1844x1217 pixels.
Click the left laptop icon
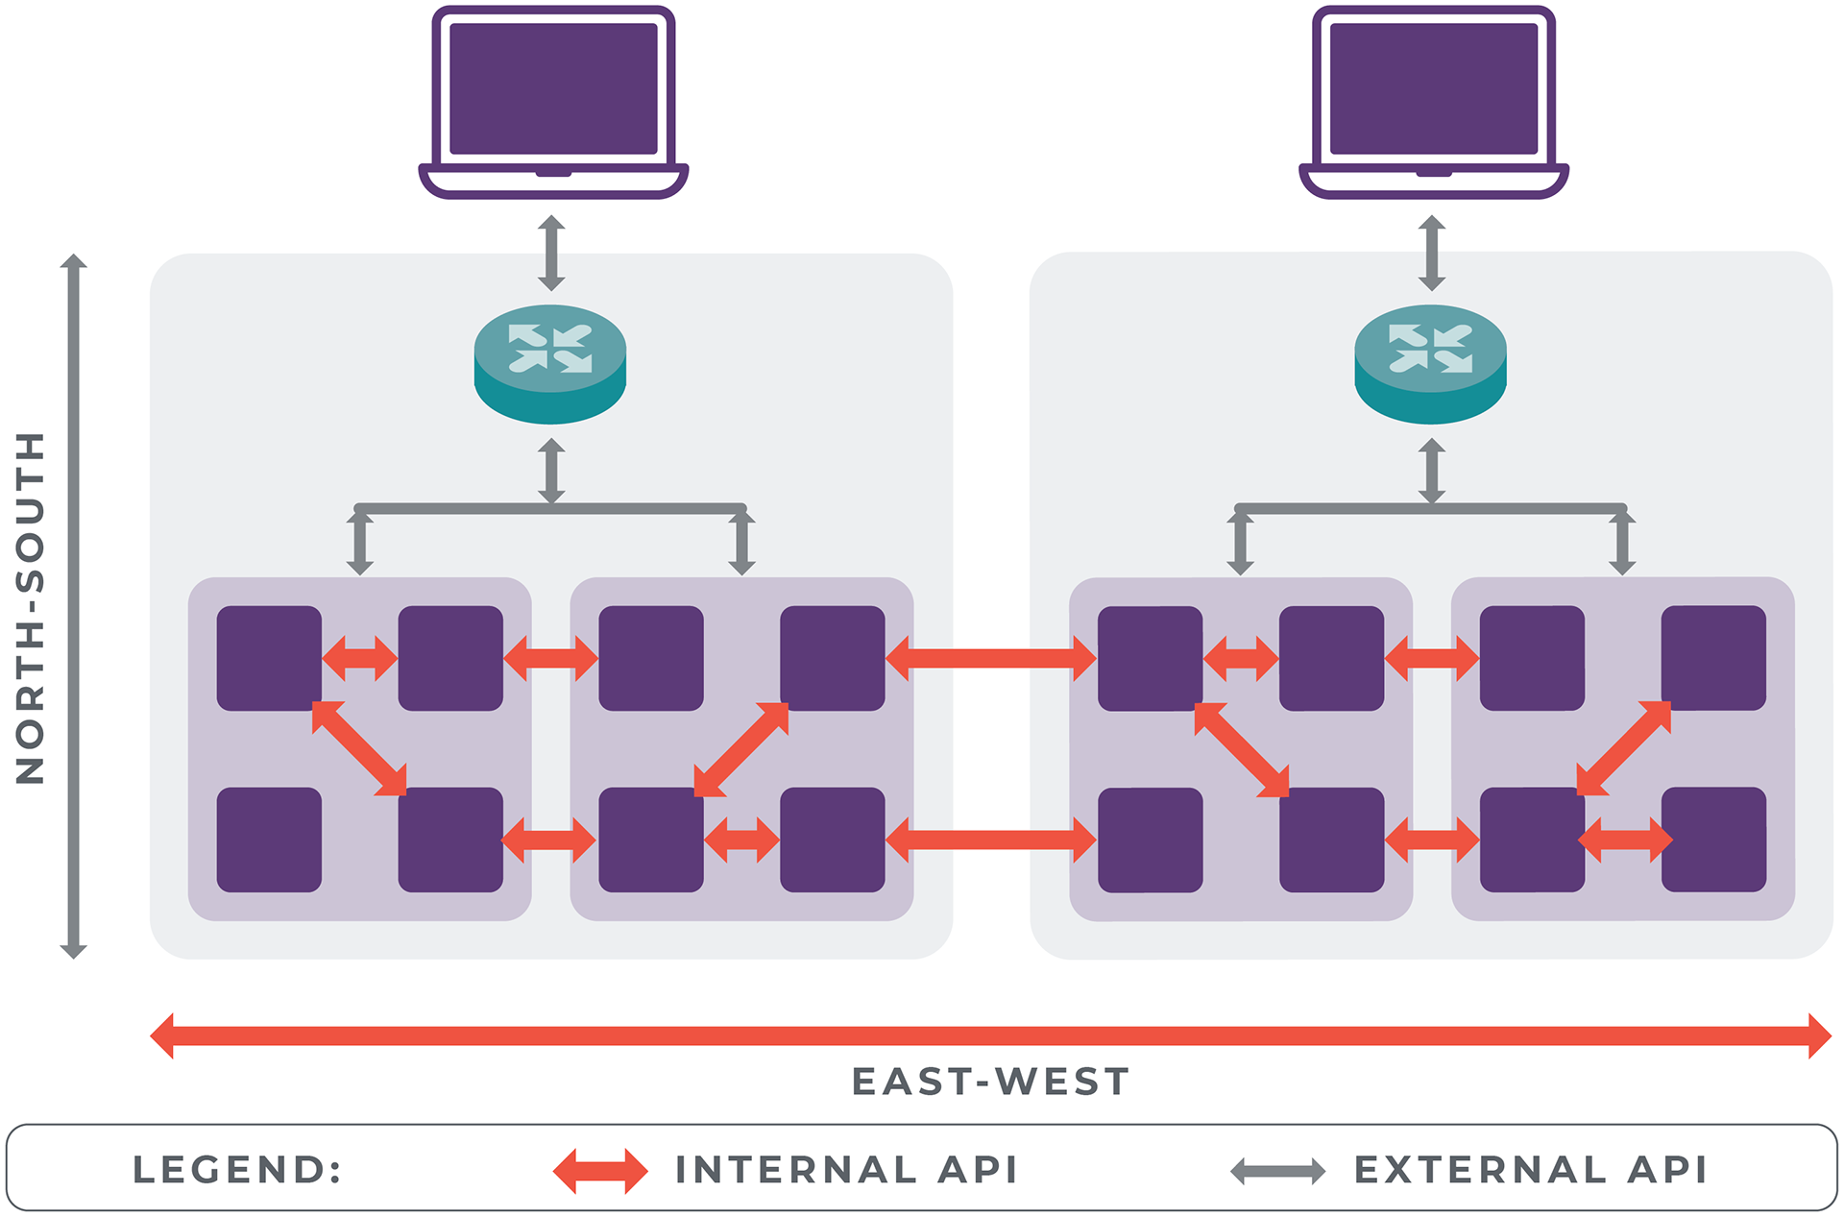pyautogui.click(x=553, y=101)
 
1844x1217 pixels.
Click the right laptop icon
pyautogui.click(x=1433, y=101)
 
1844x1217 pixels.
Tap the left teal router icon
pyautogui.click(x=550, y=364)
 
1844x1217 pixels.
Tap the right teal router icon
pyautogui.click(x=1430, y=364)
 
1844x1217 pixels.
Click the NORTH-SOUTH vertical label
pyautogui.click(x=31, y=607)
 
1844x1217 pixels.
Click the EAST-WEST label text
pyautogui.click(x=990, y=1082)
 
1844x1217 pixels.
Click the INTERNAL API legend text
pyautogui.click(x=846, y=1170)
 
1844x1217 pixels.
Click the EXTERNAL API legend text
pyautogui.click(x=1531, y=1170)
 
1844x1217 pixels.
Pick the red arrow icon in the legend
pyautogui.click(x=600, y=1171)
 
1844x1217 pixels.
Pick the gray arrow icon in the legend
pyautogui.click(x=1277, y=1171)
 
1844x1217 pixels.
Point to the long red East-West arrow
pyautogui.click(x=990, y=1035)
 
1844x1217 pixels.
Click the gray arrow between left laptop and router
pyautogui.click(x=551, y=253)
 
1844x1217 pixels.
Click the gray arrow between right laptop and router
pyautogui.click(x=1432, y=253)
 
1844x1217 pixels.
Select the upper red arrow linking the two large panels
pyautogui.click(x=990, y=658)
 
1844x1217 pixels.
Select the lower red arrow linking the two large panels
pyautogui.click(x=990, y=840)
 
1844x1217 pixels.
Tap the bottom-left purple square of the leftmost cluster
pyautogui.click(x=269, y=840)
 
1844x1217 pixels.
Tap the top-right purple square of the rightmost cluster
pyautogui.click(x=1713, y=658)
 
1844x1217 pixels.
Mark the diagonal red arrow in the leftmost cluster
pyautogui.click(x=359, y=748)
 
